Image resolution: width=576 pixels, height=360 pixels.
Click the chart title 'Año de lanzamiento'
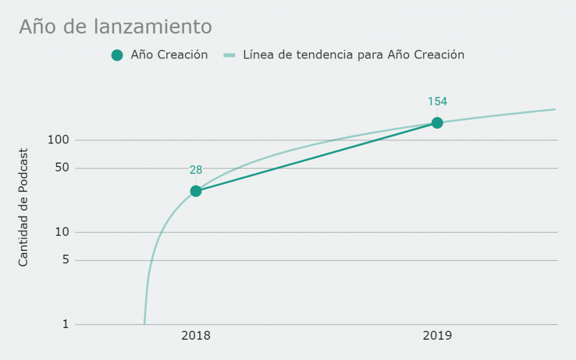click(x=115, y=26)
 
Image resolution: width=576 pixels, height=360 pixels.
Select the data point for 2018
click(x=196, y=191)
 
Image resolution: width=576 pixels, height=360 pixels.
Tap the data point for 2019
click(x=437, y=123)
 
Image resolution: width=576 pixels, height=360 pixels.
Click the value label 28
click(x=196, y=170)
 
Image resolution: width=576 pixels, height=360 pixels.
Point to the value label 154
click(x=437, y=101)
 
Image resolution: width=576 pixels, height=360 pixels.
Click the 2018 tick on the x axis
click(x=196, y=335)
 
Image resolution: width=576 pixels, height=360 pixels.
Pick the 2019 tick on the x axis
click(x=437, y=335)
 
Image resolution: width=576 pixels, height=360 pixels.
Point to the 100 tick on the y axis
click(x=58, y=139)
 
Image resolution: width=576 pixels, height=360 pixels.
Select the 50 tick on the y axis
click(x=62, y=168)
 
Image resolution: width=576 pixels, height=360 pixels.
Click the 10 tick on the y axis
click(x=62, y=232)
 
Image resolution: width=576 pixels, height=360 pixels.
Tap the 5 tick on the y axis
click(x=66, y=260)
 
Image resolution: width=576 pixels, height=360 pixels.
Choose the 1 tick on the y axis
click(x=66, y=324)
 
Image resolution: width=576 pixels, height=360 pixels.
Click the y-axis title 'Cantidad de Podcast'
click(x=23, y=207)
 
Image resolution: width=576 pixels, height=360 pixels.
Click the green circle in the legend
click(x=117, y=55)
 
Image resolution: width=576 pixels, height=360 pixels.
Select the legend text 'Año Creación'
click(x=169, y=55)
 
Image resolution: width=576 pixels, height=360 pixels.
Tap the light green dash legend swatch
click(x=229, y=55)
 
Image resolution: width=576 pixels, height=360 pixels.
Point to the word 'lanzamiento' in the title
click(x=153, y=27)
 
